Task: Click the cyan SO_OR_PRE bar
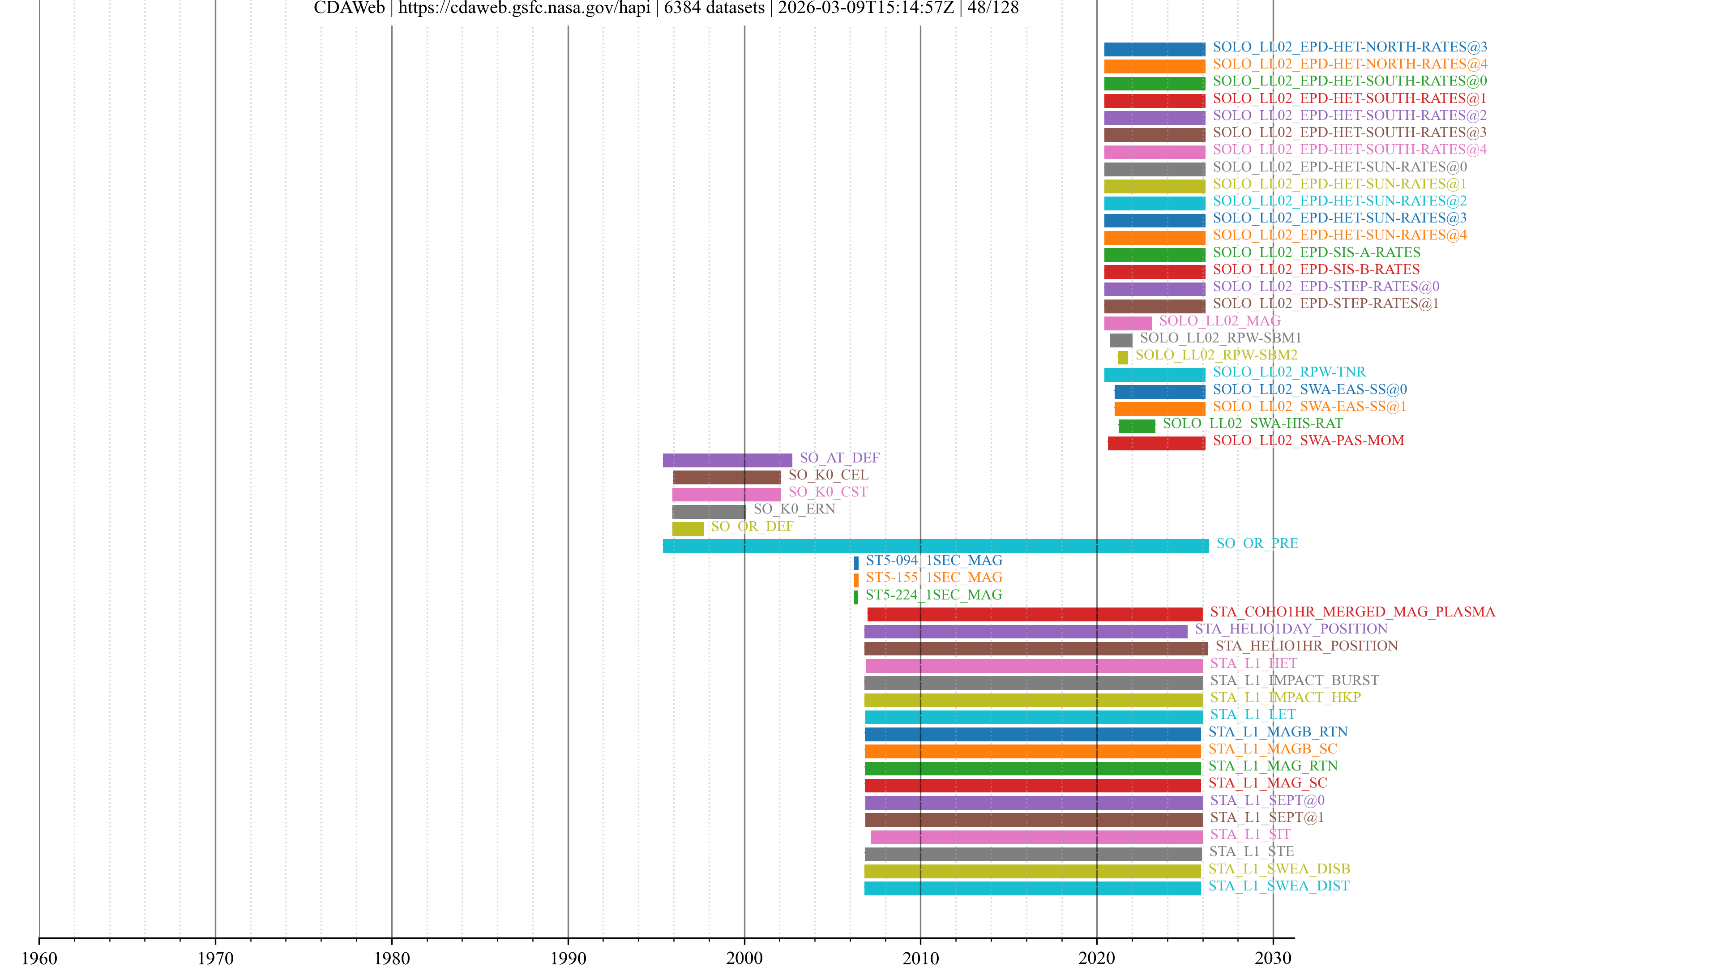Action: (x=935, y=546)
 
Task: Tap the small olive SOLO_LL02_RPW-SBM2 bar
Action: (x=1122, y=358)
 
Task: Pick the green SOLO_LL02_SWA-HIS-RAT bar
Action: (x=1137, y=426)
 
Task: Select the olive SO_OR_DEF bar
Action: (x=687, y=529)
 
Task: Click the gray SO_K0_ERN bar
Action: (x=709, y=512)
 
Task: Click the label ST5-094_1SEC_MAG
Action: (x=933, y=561)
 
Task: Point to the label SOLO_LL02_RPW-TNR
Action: (x=1289, y=372)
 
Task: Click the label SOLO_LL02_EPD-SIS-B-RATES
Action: (x=1316, y=270)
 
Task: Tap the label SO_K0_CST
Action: (x=827, y=492)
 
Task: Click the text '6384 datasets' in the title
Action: (x=714, y=8)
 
